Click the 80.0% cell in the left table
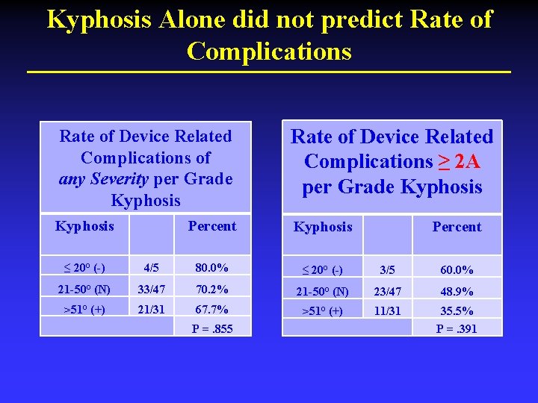point(212,268)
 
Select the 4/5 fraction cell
point(151,268)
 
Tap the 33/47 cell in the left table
point(151,289)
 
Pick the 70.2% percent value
point(212,289)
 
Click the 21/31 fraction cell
point(151,309)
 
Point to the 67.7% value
point(212,309)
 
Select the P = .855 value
point(212,328)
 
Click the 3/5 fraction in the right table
point(388,269)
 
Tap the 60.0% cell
point(457,269)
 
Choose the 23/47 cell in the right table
point(388,290)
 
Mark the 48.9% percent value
point(457,290)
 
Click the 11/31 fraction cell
point(388,310)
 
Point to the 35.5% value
point(457,310)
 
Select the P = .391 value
point(457,328)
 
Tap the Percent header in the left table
point(212,226)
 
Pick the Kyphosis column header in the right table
point(323,227)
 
